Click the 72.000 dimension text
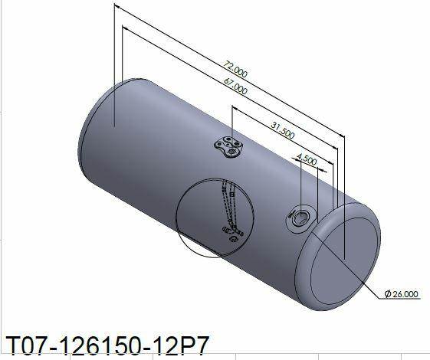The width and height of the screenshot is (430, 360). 235,69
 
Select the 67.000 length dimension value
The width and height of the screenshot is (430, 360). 235,87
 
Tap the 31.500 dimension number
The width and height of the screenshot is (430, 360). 283,130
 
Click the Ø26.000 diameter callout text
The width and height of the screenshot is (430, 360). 402,294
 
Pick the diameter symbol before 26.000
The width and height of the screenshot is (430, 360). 388,294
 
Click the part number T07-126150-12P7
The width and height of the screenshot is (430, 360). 107,345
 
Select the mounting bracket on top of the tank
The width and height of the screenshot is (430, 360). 229,146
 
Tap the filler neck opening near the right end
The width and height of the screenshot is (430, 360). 300,218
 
